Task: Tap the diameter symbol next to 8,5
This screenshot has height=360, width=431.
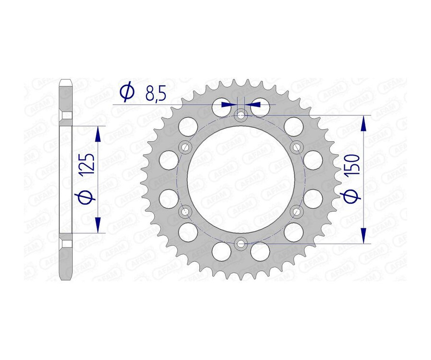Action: click(127, 92)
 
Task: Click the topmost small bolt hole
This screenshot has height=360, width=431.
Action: click(241, 114)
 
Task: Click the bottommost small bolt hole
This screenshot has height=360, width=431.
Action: click(241, 244)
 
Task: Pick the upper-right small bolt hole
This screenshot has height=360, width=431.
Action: click(296, 146)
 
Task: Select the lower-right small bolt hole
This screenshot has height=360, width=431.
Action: click(296, 211)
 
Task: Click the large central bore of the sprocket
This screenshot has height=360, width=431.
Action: click(241, 179)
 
